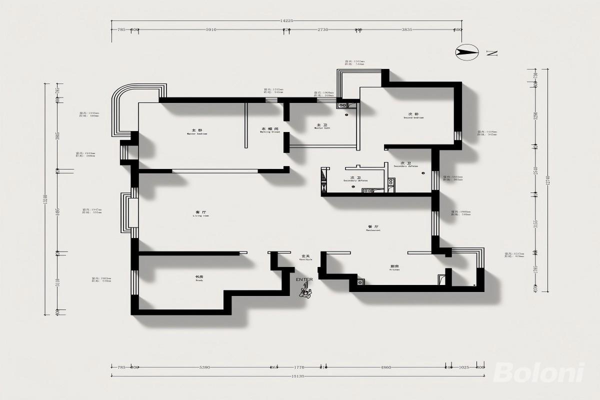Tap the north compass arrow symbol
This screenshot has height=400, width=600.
click(x=467, y=51)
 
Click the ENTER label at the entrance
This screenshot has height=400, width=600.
click(x=304, y=279)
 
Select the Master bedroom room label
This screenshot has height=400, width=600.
click(x=196, y=132)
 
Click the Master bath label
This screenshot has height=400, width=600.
click(x=322, y=126)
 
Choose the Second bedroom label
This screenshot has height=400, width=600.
click(x=413, y=116)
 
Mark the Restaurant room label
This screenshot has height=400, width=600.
click(x=373, y=228)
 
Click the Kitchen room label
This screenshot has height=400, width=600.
click(x=394, y=267)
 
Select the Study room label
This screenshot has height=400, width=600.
click(x=198, y=278)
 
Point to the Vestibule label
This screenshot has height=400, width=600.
click(x=305, y=257)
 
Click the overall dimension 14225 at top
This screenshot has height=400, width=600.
click(x=287, y=21)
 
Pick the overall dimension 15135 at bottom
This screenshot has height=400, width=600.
click(x=298, y=375)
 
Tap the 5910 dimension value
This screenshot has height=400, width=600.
click(x=211, y=30)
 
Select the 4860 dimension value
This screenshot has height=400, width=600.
click(x=386, y=367)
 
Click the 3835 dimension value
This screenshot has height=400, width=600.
click(x=407, y=30)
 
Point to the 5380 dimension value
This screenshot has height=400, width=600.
click(x=204, y=367)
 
